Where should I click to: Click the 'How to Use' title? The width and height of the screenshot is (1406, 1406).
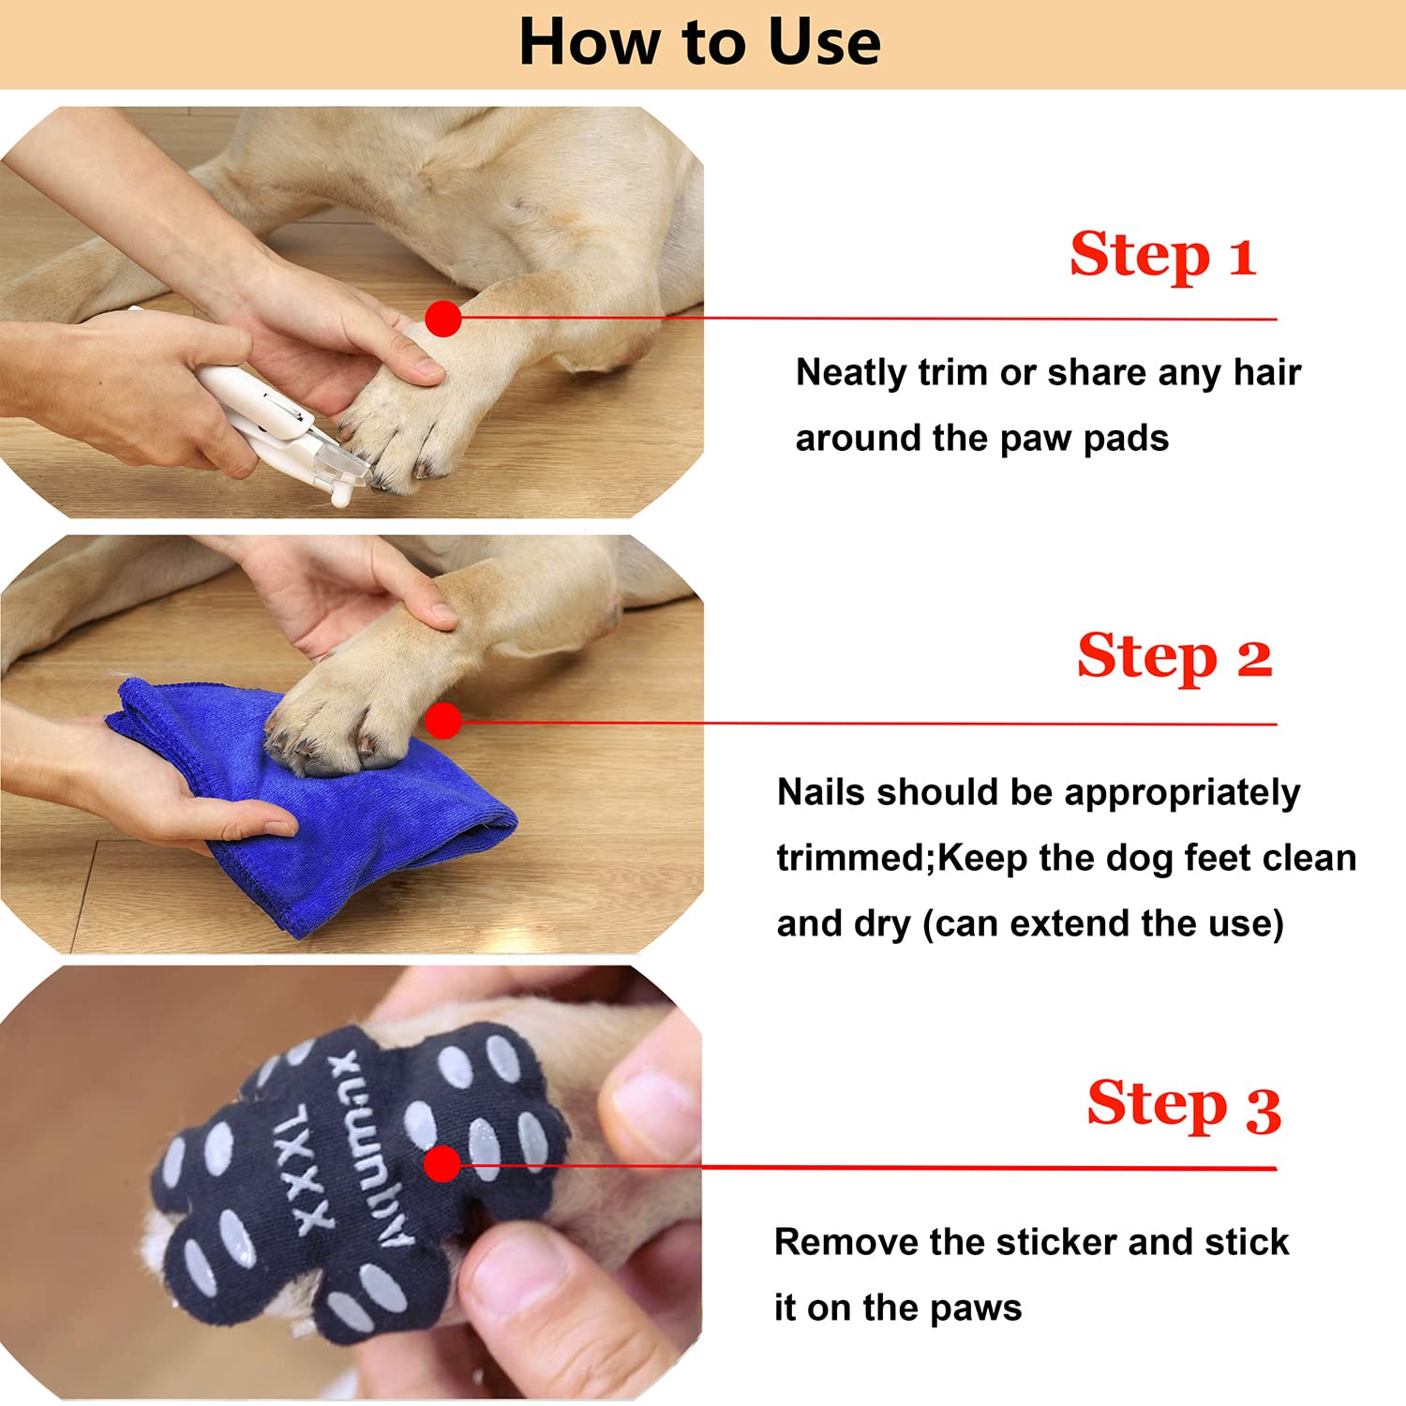click(x=699, y=43)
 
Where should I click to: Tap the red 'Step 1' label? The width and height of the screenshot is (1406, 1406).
click(x=1162, y=255)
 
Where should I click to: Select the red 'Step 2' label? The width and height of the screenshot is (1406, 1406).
click(x=1174, y=656)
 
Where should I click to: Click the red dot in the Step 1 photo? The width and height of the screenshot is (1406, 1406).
click(x=443, y=319)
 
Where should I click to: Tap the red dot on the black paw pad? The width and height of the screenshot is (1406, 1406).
click(x=442, y=1165)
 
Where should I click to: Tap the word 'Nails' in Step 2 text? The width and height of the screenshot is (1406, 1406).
click(x=821, y=793)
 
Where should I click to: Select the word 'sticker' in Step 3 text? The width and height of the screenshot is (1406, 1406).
click(x=1057, y=1243)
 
